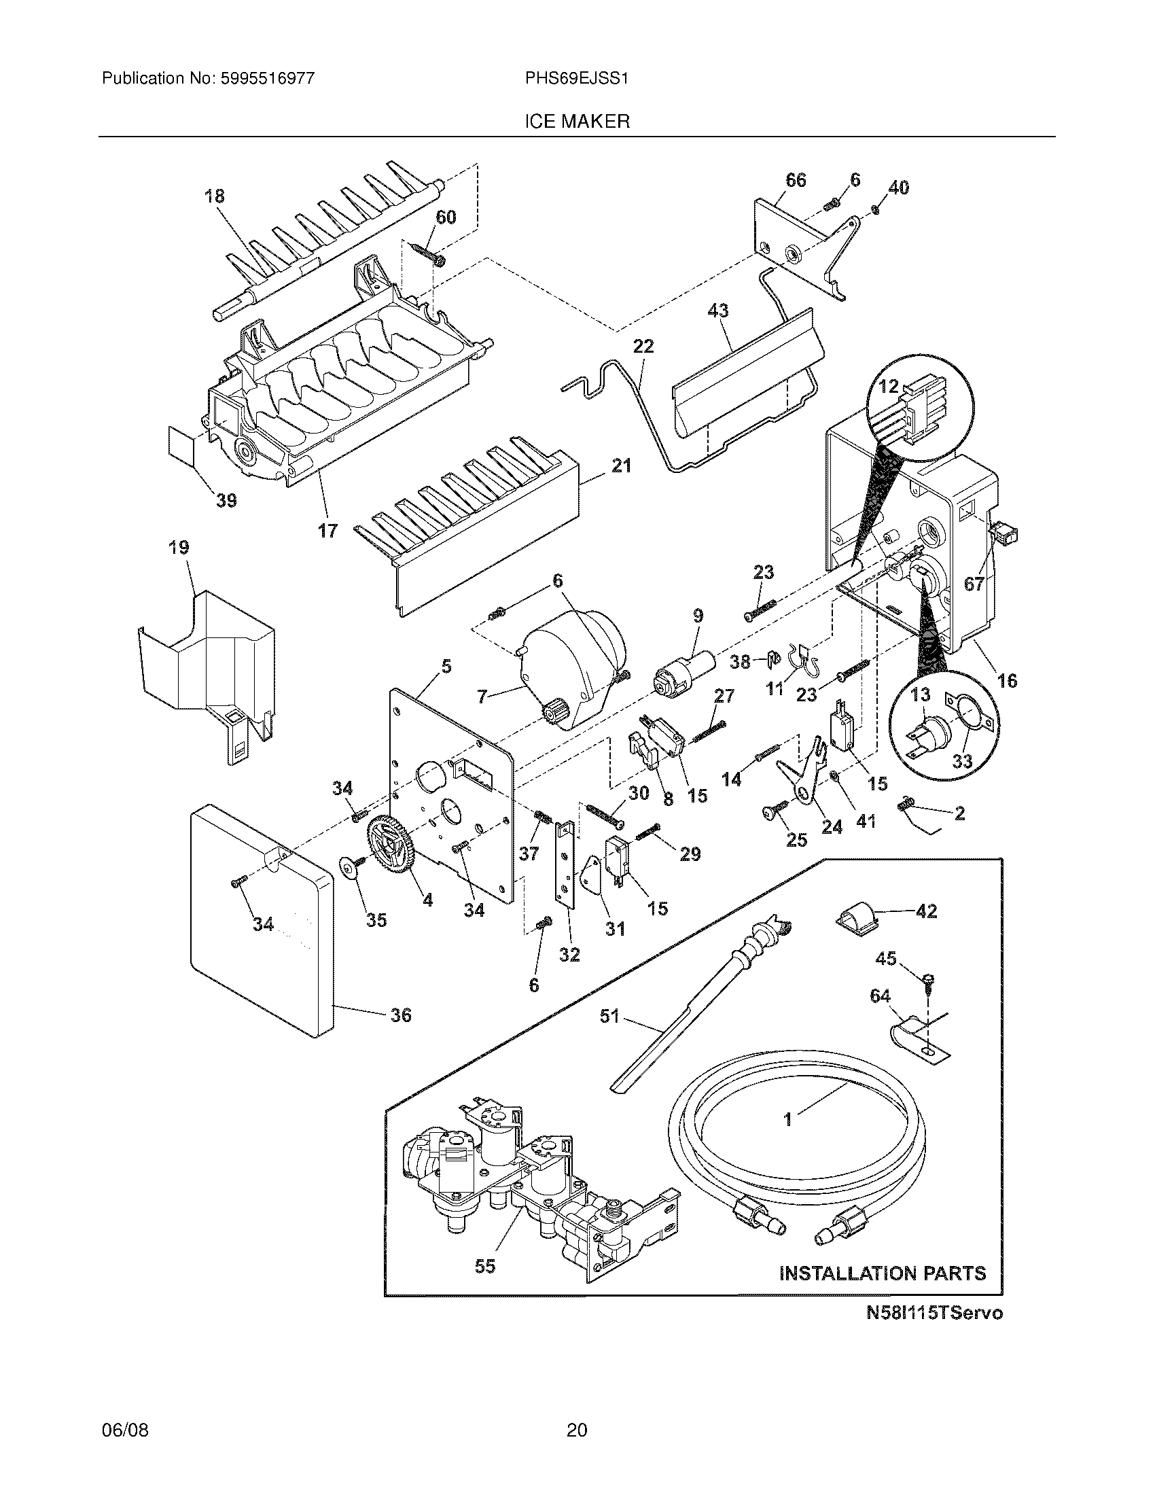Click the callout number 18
click(214, 196)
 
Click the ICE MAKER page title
click(577, 122)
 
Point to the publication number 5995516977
click(267, 78)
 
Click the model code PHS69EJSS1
click(576, 78)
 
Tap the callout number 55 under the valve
click(484, 1267)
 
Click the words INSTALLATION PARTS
click(883, 1273)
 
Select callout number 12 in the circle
click(888, 387)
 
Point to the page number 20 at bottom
click(577, 1449)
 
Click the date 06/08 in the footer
click(125, 1449)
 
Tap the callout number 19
click(179, 548)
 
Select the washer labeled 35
click(350, 868)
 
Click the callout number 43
click(717, 311)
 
